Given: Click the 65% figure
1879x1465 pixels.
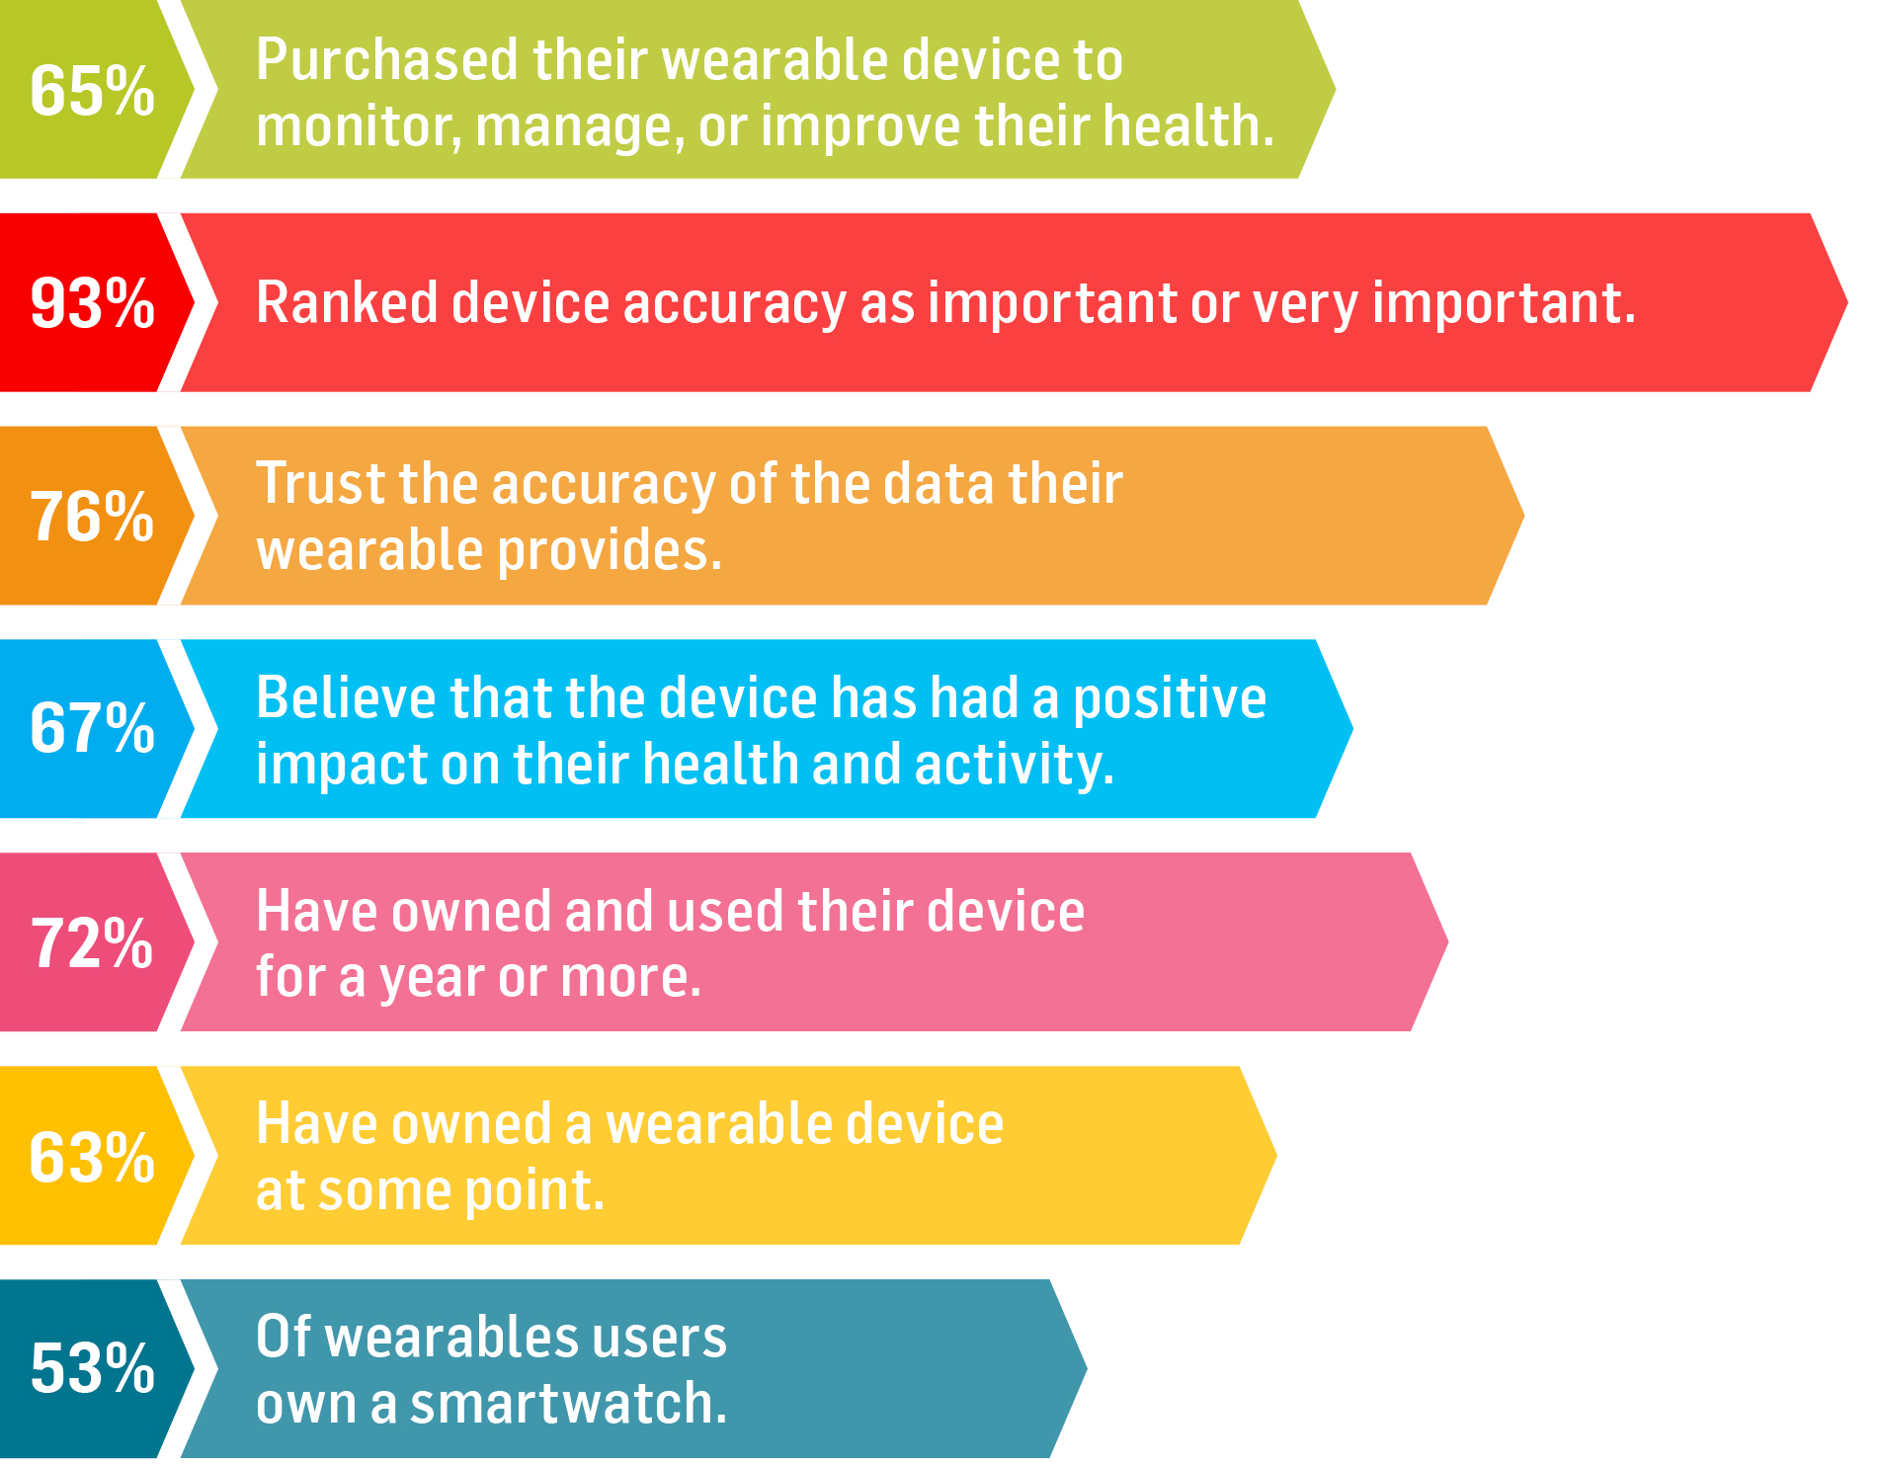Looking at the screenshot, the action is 93,91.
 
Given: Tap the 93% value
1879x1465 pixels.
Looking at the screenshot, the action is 93,303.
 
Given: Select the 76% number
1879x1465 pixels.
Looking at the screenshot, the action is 93,517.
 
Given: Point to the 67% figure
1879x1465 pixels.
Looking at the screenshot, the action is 93,729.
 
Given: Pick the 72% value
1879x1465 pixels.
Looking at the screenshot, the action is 93,942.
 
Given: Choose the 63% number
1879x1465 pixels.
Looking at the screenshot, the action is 93,1157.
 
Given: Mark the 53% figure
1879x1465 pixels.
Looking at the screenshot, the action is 93,1369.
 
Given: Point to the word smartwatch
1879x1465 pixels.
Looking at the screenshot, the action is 569,1404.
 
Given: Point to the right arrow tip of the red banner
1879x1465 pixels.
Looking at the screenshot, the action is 1846,302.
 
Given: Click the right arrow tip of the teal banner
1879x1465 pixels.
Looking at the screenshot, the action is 1086,1368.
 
